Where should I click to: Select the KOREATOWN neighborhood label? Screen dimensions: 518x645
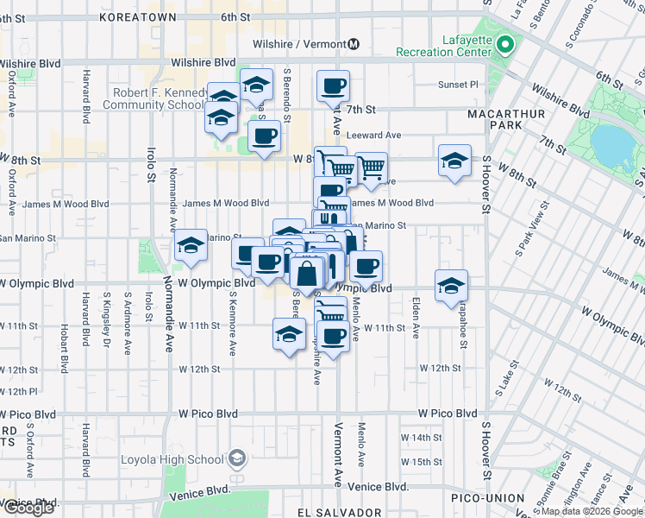click(138, 16)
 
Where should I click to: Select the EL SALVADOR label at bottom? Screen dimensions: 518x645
click(338, 512)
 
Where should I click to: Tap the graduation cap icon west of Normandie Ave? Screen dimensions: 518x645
click(191, 247)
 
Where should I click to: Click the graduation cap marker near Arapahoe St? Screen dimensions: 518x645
click(451, 287)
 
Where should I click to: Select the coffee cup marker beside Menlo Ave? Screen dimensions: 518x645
click(366, 268)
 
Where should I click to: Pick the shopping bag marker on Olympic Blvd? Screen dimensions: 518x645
click(307, 275)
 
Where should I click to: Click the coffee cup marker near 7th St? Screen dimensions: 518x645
click(333, 87)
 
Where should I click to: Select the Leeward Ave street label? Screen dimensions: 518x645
click(374, 136)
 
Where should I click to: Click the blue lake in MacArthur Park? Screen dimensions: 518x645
click(611, 142)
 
